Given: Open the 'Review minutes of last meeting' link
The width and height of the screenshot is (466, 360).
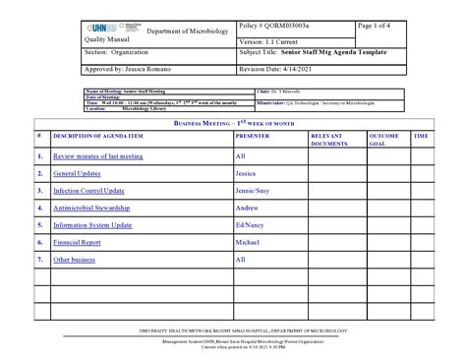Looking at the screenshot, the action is pyautogui.click(x=98, y=155).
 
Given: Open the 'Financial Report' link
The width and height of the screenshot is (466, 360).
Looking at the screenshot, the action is pyautogui.click(x=78, y=242).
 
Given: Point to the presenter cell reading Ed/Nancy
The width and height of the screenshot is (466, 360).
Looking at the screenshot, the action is pyautogui.click(x=251, y=225).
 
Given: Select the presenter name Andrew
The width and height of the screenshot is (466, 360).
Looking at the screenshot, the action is pyautogui.click(x=247, y=208).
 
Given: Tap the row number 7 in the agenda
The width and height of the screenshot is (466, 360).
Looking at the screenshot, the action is pyautogui.click(x=37, y=260).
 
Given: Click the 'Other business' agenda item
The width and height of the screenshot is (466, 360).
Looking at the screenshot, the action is pyautogui.click(x=75, y=260).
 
